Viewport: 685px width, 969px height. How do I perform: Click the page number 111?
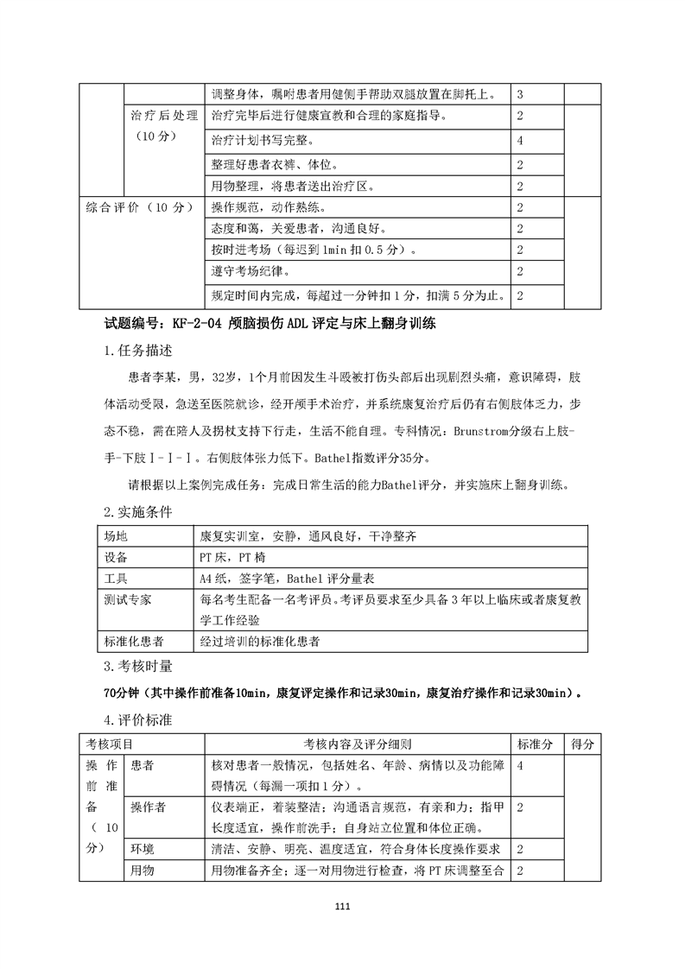pyautogui.click(x=343, y=906)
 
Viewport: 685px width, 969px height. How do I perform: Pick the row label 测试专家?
pyautogui.click(x=126, y=598)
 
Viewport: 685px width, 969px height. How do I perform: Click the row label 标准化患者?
pyautogui.click(x=132, y=641)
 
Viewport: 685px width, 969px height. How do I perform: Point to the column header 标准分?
pyautogui.click(x=536, y=744)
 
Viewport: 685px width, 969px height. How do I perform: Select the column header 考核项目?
pyautogui.click(x=110, y=744)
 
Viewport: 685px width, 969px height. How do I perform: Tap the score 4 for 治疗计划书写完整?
pyautogui.click(x=520, y=140)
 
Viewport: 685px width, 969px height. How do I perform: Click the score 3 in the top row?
pyautogui.click(x=520, y=93)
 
